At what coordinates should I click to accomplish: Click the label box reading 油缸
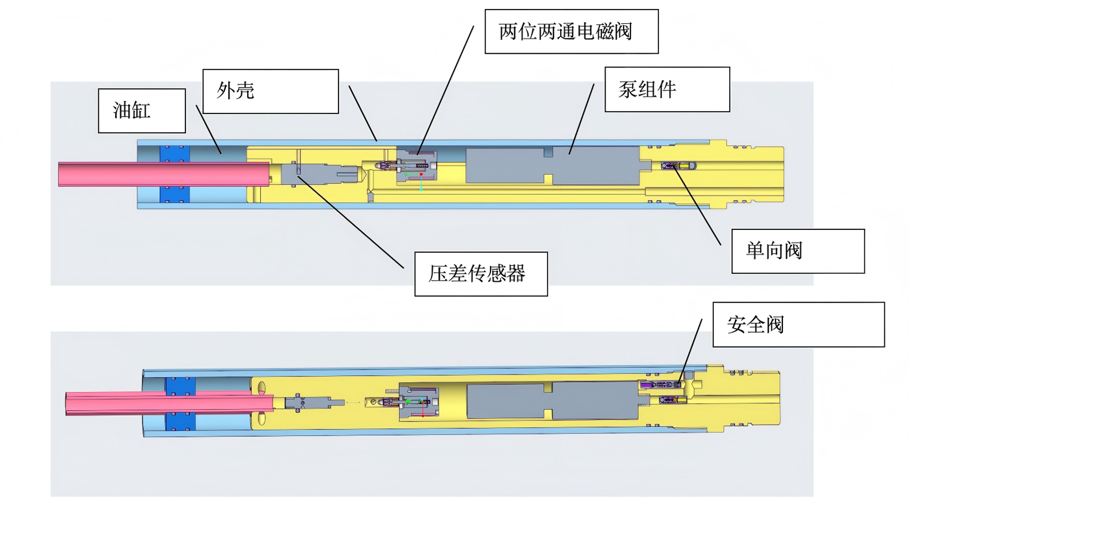(142, 111)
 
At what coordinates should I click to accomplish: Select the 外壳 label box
(271, 91)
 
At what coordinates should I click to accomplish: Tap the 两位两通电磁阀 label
(572, 32)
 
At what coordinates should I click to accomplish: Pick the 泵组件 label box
(667, 89)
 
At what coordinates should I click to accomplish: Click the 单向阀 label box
(798, 251)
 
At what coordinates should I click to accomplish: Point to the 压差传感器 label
(481, 274)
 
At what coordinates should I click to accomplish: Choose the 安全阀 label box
(799, 324)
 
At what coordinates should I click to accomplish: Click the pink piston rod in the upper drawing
(164, 174)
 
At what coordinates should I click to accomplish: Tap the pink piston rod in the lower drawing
(169, 403)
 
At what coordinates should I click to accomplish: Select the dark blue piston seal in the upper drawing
(175, 174)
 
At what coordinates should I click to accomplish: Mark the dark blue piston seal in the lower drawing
(181, 404)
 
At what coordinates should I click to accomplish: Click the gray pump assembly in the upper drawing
(557, 166)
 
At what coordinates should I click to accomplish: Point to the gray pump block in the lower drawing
(557, 401)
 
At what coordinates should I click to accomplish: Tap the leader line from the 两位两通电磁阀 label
(446, 90)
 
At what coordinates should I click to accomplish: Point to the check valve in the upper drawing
(678, 166)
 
